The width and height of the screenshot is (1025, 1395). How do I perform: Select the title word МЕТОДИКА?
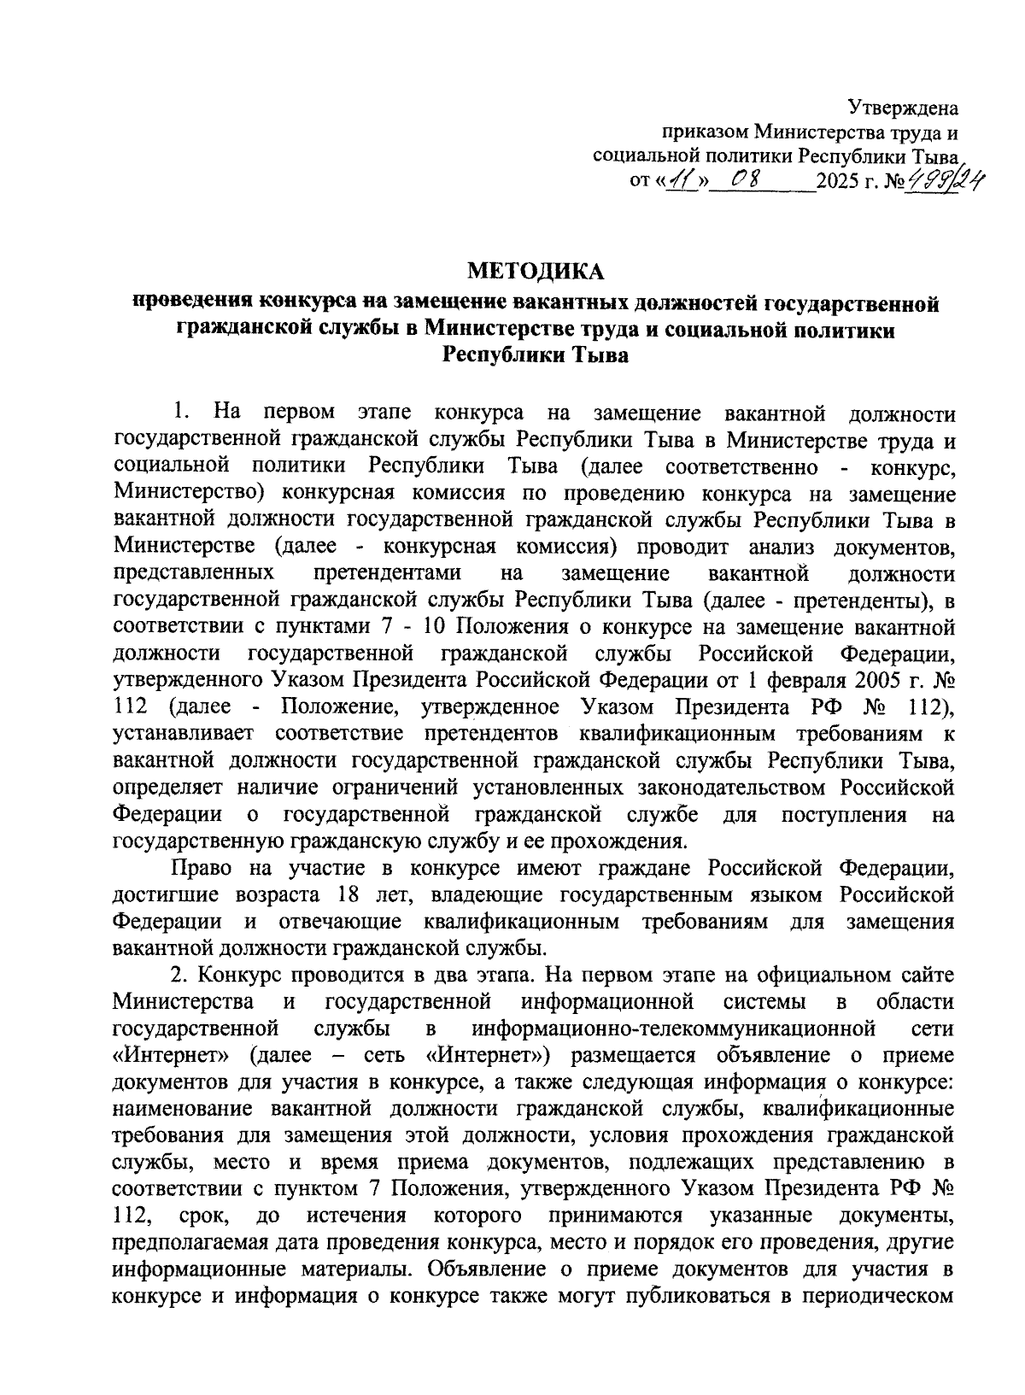[x=535, y=272]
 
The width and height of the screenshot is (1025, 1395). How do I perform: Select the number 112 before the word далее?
[x=132, y=707]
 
